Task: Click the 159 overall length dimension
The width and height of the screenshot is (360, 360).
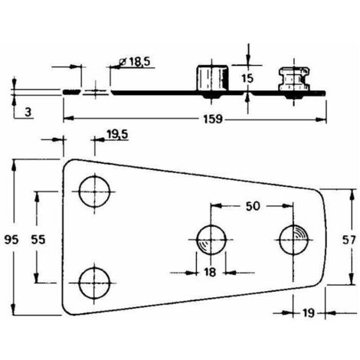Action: click(x=213, y=119)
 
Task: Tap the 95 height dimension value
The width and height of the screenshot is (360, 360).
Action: click(x=11, y=240)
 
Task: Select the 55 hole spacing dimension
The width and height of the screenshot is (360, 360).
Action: click(x=38, y=240)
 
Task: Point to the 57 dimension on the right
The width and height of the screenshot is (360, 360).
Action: click(x=349, y=240)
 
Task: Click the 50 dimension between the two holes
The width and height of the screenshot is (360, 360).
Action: click(x=253, y=206)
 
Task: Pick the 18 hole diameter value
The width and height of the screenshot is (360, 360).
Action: click(x=210, y=272)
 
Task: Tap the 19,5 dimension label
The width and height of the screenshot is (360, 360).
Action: click(x=117, y=134)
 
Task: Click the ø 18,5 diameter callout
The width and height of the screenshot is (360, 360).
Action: click(x=135, y=62)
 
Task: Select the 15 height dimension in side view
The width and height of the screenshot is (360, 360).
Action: click(x=247, y=78)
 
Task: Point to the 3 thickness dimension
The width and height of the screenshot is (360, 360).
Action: click(x=28, y=112)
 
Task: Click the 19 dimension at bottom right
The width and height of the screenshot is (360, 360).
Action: click(x=309, y=313)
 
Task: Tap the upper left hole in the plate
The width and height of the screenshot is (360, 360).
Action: click(x=94, y=191)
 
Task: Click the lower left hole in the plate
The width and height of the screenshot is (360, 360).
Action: click(x=94, y=283)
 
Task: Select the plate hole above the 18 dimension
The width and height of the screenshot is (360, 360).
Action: click(x=211, y=240)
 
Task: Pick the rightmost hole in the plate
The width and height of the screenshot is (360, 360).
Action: click(x=293, y=240)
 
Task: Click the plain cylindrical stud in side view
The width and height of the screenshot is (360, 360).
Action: click(x=212, y=78)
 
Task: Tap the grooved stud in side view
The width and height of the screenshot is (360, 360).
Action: click(x=294, y=79)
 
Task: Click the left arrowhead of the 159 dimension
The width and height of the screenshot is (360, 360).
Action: click(x=68, y=119)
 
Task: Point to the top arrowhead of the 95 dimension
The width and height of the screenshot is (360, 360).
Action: click(x=15, y=165)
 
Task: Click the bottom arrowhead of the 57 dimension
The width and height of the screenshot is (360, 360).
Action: click(x=352, y=279)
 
